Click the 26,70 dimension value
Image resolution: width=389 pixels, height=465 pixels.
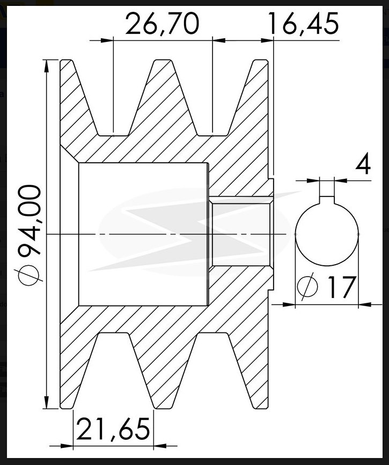(x=162, y=24)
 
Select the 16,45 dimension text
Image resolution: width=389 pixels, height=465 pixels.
(x=303, y=24)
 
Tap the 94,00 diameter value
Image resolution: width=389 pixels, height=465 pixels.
(x=30, y=220)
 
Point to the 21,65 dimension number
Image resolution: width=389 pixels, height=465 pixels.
(x=113, y=429)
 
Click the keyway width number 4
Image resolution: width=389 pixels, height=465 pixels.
(x=363, y=163)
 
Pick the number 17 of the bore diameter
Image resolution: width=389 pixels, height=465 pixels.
(x=341, y=287)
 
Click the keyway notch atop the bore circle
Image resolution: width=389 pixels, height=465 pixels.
(x=327, y=200)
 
